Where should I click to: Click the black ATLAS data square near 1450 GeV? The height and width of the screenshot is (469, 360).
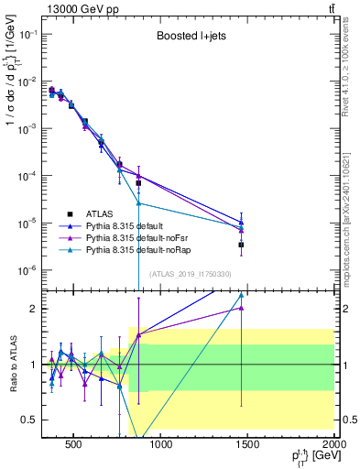241,245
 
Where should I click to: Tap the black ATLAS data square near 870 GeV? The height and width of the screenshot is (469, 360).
138,183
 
